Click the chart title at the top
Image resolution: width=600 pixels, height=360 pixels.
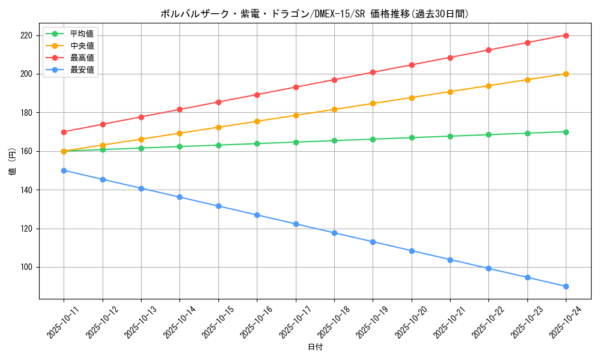point(314,14)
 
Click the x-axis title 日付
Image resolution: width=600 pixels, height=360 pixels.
point(315,347)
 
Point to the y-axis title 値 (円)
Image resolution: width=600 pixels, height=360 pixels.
point(12,162)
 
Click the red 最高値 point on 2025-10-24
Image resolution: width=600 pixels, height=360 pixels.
point(566,35)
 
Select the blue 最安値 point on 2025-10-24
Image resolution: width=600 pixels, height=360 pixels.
point(566,286)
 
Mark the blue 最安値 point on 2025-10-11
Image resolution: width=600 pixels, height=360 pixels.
point(64,170)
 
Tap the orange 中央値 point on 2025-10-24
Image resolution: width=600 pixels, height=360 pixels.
point(566,74)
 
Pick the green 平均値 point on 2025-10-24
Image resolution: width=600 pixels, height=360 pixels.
point(566,132)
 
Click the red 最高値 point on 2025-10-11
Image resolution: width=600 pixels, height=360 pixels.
point(64,132)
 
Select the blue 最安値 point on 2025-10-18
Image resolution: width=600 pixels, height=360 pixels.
point(334,233)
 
